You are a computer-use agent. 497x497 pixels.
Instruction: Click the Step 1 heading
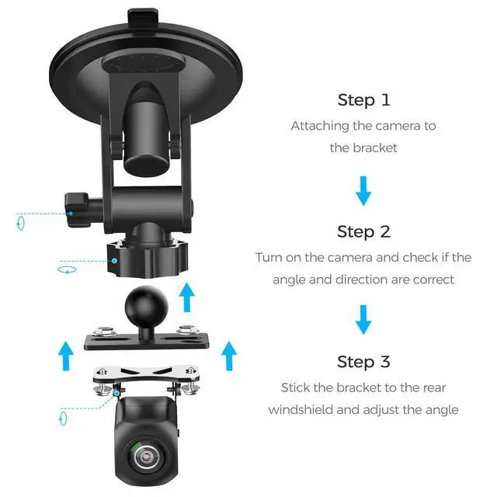pyautogui.click(x=363, y=100)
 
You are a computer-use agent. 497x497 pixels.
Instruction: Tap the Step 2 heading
pyautogui.click(x=363, y=231)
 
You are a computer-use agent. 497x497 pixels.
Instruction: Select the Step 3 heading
pyautogui.click(x=363, y=362)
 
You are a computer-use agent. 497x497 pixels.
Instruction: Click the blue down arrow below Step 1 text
pyautogui.click(x=363, y=191)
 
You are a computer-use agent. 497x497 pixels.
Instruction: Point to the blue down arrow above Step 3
pyautogui.click(x=363, y=320)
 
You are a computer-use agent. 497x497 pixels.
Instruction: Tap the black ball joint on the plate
pyautogui.click(x=146, y=305)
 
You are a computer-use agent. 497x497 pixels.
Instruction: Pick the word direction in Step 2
pyautogui.click(x=360, y=280)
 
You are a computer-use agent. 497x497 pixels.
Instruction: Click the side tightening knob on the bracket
pyautogui.click(x=78, y=210)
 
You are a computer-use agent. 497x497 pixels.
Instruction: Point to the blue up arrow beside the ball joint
pyautogui.click(x=186, y=297)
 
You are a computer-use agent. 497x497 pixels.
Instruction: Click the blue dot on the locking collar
pyautogui.click(x=114, y=261)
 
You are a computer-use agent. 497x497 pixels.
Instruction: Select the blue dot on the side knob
pyautogui.click(x=71, y=214)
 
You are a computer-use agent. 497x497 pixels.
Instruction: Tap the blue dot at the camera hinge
pyautogui.click(x=117, y=394)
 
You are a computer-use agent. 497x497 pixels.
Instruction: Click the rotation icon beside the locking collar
pyautogui.click(x=67, y=269)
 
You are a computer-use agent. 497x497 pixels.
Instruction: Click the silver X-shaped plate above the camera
pyautogui.click(x=146, y=374)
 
